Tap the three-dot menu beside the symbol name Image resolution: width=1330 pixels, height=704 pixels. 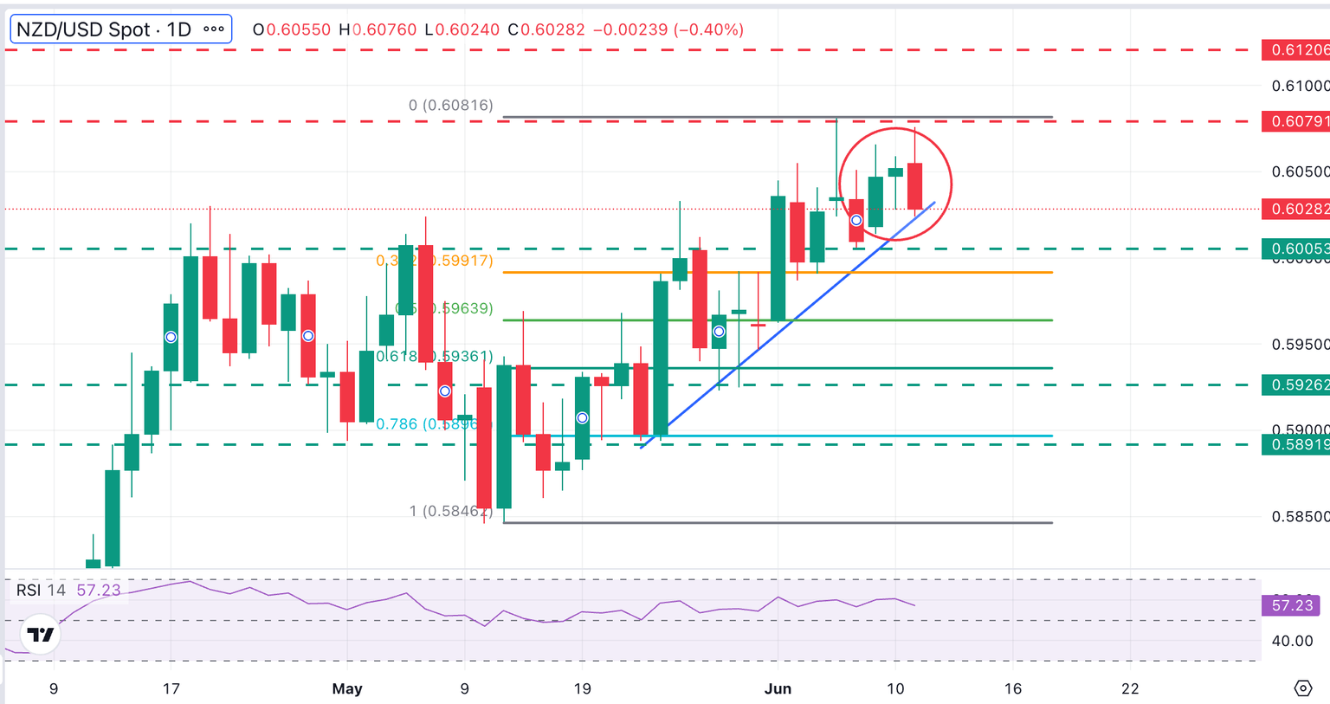click(213, 29)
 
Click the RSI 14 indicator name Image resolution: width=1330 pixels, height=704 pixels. click(41, 591)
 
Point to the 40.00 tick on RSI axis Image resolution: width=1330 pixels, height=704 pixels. click(1292, 641)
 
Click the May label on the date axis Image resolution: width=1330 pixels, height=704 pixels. click(347, 689)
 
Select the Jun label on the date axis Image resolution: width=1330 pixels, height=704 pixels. click(778, 689)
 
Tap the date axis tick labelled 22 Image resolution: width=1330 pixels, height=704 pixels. click(1130, 689)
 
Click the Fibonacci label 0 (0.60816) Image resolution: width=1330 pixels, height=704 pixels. click(450, 106)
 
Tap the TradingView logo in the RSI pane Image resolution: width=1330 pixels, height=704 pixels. click(40, 635)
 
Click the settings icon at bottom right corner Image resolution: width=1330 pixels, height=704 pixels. click(1303, 688)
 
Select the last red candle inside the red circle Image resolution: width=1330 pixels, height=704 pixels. click(914, 185)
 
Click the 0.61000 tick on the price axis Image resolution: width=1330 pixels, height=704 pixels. click(1299, 86)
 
